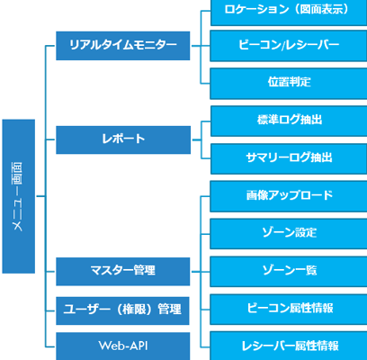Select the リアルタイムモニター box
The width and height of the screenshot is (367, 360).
(123, 45)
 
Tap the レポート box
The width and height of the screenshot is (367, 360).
(123, 139)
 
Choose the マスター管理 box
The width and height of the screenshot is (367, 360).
(123, 270)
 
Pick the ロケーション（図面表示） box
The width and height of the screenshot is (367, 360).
(289, 12)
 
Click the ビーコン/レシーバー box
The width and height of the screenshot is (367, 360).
(289, 45)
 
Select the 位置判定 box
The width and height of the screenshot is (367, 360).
(289, 82)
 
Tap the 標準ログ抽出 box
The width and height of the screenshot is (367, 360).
(289, 120)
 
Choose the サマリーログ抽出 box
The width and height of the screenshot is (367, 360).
(289, 157)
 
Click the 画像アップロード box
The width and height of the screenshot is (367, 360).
(289, 195)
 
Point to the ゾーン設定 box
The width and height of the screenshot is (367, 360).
(289, 233)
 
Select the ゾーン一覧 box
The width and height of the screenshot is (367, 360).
(289, 270)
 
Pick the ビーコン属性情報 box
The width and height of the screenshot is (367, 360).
(289, 308)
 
